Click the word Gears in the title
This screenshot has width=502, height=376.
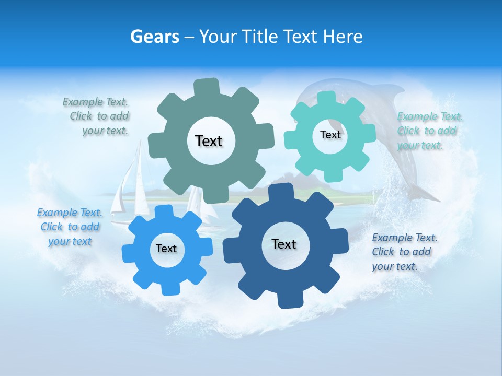click(154, 37)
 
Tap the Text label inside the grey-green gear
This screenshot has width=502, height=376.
click(209, 141)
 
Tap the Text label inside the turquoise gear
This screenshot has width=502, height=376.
click(330, 135)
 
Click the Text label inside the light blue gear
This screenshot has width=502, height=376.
click(166, 249)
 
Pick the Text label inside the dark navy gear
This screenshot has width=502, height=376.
click(284, 244)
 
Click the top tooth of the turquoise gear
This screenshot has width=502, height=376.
click(327, 98)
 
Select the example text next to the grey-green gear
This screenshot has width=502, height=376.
click(97, 116)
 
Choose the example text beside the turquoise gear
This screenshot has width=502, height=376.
click(429, 131)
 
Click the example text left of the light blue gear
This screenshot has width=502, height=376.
click(70, 227)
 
